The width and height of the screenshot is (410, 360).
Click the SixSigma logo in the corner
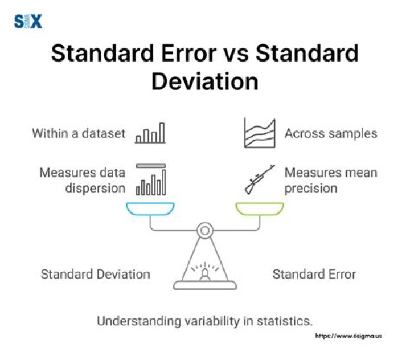[x=28, y=22]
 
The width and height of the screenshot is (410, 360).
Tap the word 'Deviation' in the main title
[x=204, y=81]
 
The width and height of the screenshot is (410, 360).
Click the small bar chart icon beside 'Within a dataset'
[x=150, y=133]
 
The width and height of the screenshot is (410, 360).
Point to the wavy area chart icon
[x=260, y=134]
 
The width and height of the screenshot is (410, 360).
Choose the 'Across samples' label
[x=330, y=134]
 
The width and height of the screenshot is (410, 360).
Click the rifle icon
[x=260, y=179]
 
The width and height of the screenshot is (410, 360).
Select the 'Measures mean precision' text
[x=330, y=179]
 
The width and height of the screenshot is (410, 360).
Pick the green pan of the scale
[x=260, y=209]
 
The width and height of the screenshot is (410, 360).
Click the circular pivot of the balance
[x=205, y=231]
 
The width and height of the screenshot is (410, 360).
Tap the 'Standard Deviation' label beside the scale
[x=95, y=274]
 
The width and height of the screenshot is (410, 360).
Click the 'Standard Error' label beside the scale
[x=314, y=274]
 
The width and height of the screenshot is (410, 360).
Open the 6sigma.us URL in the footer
[x=348, y=336]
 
